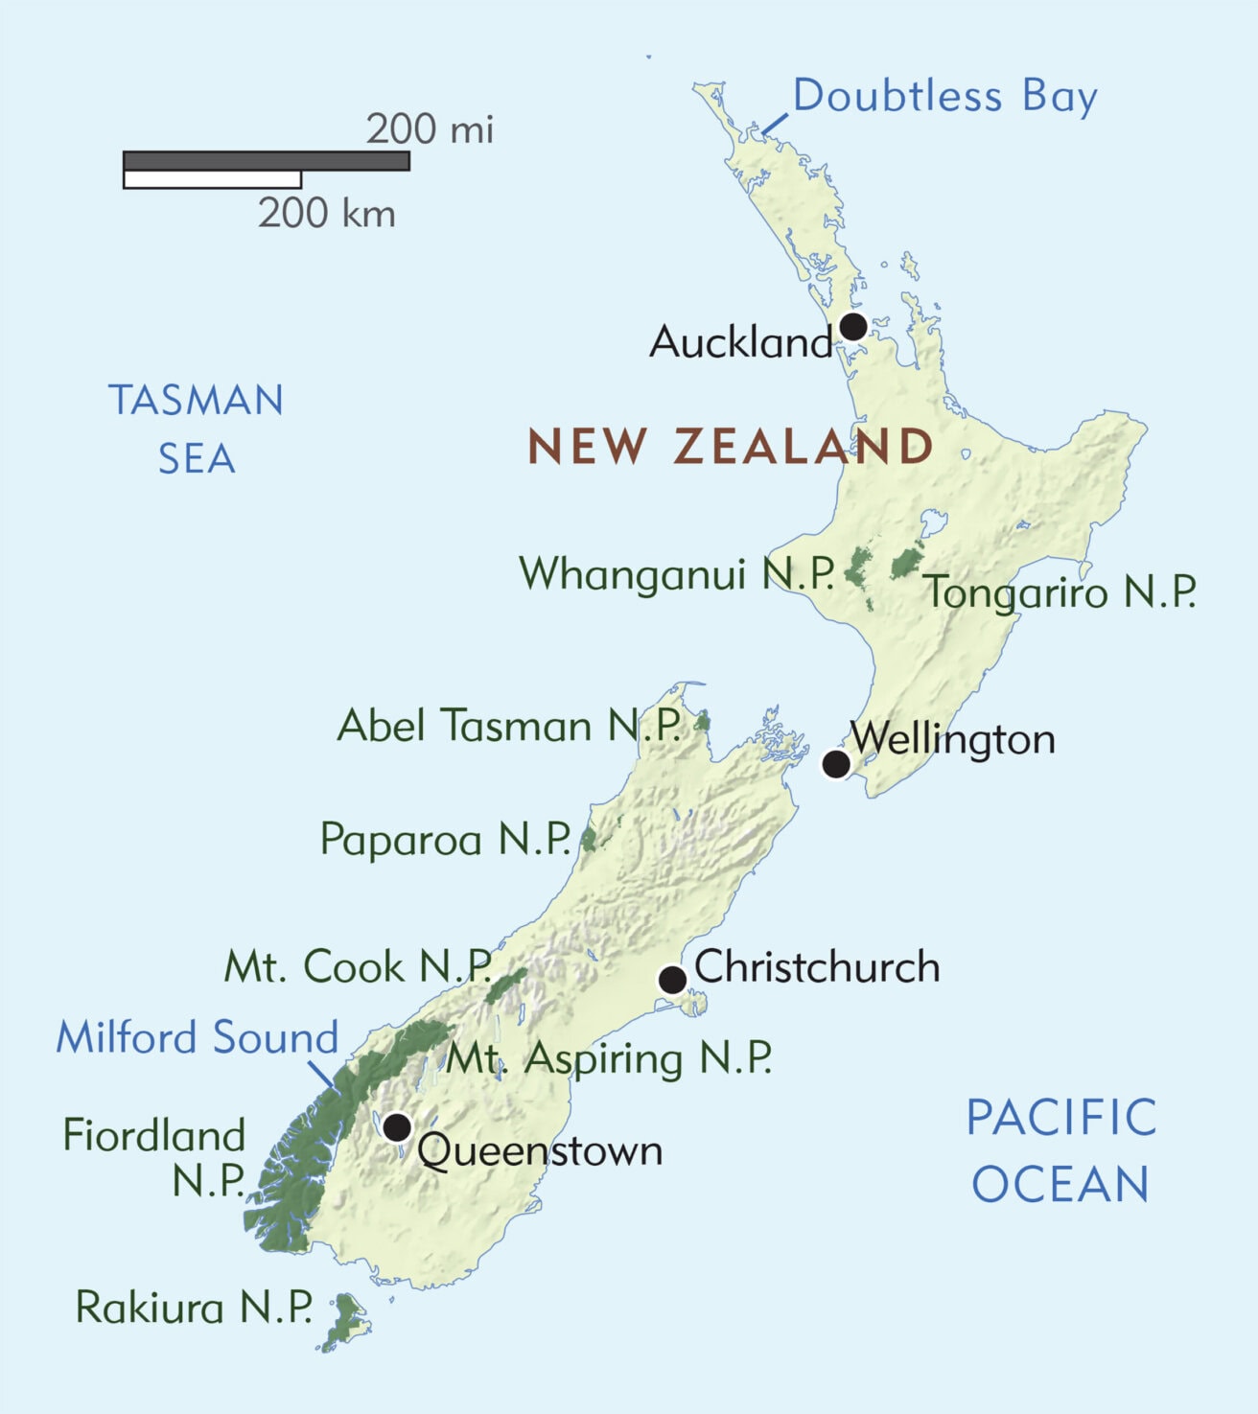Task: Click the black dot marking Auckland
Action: tap(853, 327)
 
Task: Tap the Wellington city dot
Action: tap(836, 764)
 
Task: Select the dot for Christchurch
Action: tap(672, 980)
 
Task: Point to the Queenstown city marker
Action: tap(396, 1126)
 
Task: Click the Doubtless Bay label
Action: tap(944, 97)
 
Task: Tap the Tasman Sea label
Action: tap(197, 429)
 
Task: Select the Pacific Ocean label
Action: tap(1061, 1150)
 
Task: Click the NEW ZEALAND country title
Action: tap(731, 447)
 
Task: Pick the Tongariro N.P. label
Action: tap(1060, 592)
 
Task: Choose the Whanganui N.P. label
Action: tap(677, 573)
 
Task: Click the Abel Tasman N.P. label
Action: tap(509, 726)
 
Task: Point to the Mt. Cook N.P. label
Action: tap(358, 966)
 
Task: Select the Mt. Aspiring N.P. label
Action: tap(610, 1058)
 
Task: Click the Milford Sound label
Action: tap(198, 1037)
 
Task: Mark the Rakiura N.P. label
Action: tap(194, 1308)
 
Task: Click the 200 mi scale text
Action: tap(430, 129)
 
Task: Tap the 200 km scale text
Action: tap(326, 213)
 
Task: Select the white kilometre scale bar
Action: tap(212, 179)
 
